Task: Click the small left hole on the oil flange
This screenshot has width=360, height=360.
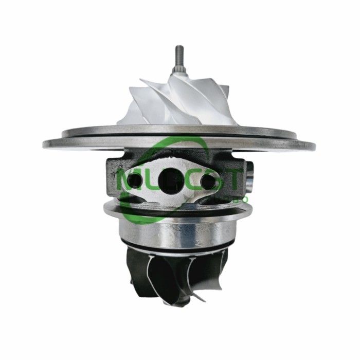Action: (134, 180)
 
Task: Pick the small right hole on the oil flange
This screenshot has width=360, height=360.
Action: (208, 181)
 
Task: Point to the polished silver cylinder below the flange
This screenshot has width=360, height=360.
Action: (175, 231)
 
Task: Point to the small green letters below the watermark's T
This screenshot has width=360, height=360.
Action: (242, 199)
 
